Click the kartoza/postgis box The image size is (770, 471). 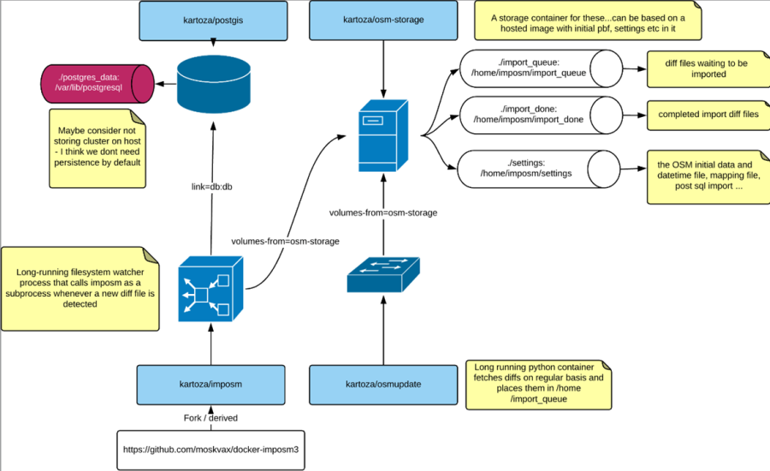(x=210, y=21)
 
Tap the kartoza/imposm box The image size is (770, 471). (x=210, y=385)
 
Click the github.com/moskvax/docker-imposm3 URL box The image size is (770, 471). (x=210, y=450)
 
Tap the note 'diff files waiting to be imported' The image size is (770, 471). (x=695, y=68)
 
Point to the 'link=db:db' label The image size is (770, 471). (x=210, y=186)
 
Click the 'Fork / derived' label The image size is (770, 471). (x=210, y=418)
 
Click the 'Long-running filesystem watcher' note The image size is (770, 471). (x=80, y=289)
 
